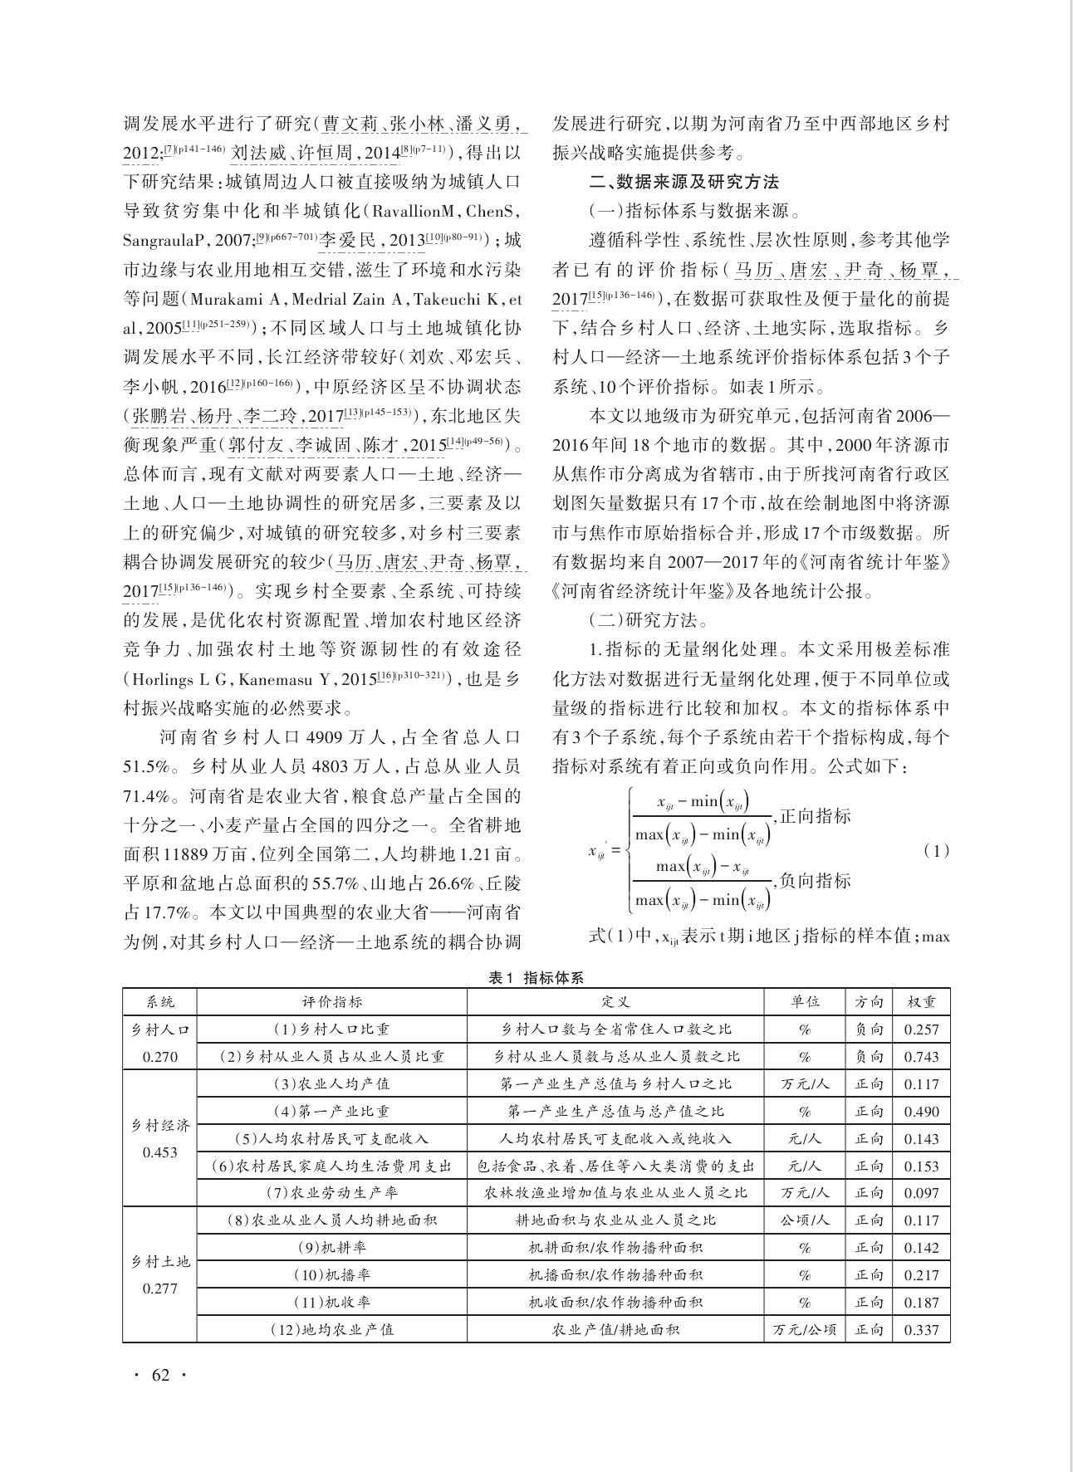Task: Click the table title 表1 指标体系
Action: [x=536, y=978]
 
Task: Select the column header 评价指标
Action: [x=331, y=1002]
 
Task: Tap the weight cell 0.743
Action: [x=921, y=1057]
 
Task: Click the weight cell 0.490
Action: [x=921, y=1112]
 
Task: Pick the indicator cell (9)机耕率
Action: [x=331, y=1248]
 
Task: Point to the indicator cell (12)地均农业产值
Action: [x=331, y=1329]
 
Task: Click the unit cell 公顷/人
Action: [x=804, y=1220]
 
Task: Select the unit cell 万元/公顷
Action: [x=804, y=1329]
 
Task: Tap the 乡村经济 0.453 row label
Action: [x=160, y=1138]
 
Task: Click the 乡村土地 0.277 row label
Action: [x=160, y=1274]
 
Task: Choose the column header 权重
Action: [x=921, y=1002]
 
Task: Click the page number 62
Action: [x=160, y=1375]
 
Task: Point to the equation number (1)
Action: [x=935, y=851]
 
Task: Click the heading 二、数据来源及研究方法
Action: [x=684, y=181]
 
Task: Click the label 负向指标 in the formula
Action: [x=816, y=880]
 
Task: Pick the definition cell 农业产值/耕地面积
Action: [x=615, y=1329]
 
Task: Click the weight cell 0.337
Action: [x=921, y=1329]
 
